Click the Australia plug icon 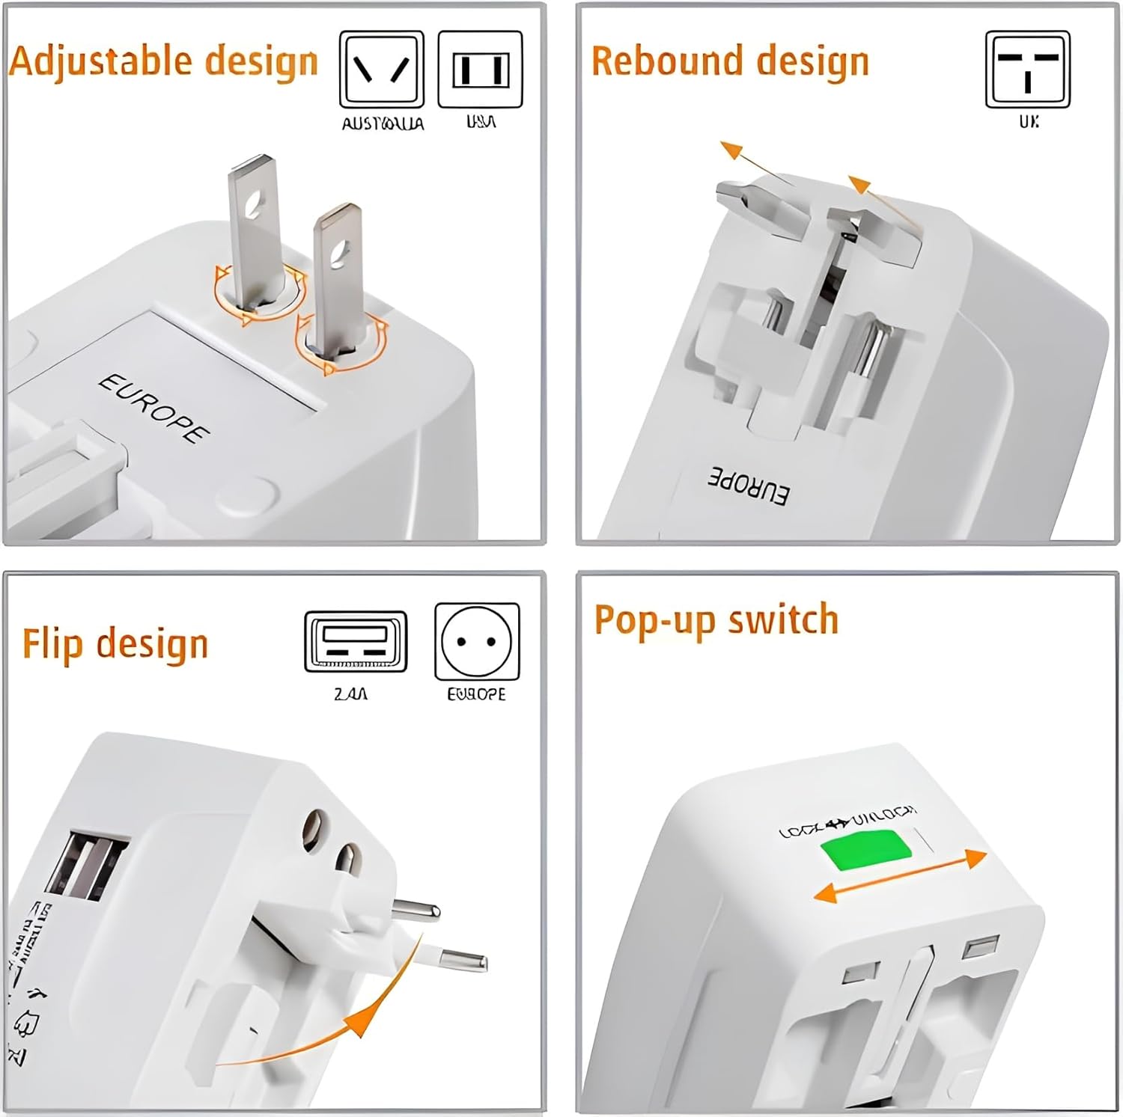pyautogui.click(x=382, y=70)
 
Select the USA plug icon pyautogui.click(x=480, y=70)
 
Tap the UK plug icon pyautogui.click(x=1027, y=70)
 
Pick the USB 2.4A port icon pyautogui.click(x=356, y=641)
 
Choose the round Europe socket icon pyautogui.click(x=476, y=641)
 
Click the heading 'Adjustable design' pyautogui.click(x=163, y=61)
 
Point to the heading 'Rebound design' pyautogui.click(x=730, y=61)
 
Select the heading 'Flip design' pyautogui.click(x=115, y=644)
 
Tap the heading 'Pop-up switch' pyautogui.click(x=716, y=620)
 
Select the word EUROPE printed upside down pyautogui.click(x=748, y=486)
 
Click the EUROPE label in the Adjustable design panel pyautogui.click(x=153, y=408)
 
